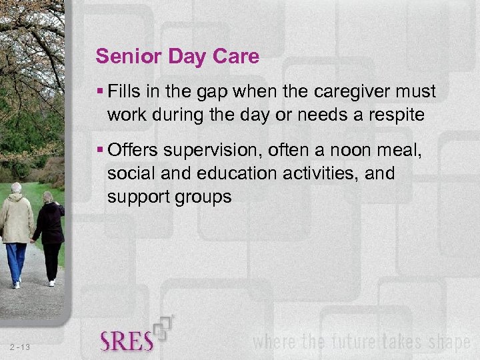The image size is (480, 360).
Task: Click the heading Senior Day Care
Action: click(177, 56)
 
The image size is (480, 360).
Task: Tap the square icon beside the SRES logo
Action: click(165, 327)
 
